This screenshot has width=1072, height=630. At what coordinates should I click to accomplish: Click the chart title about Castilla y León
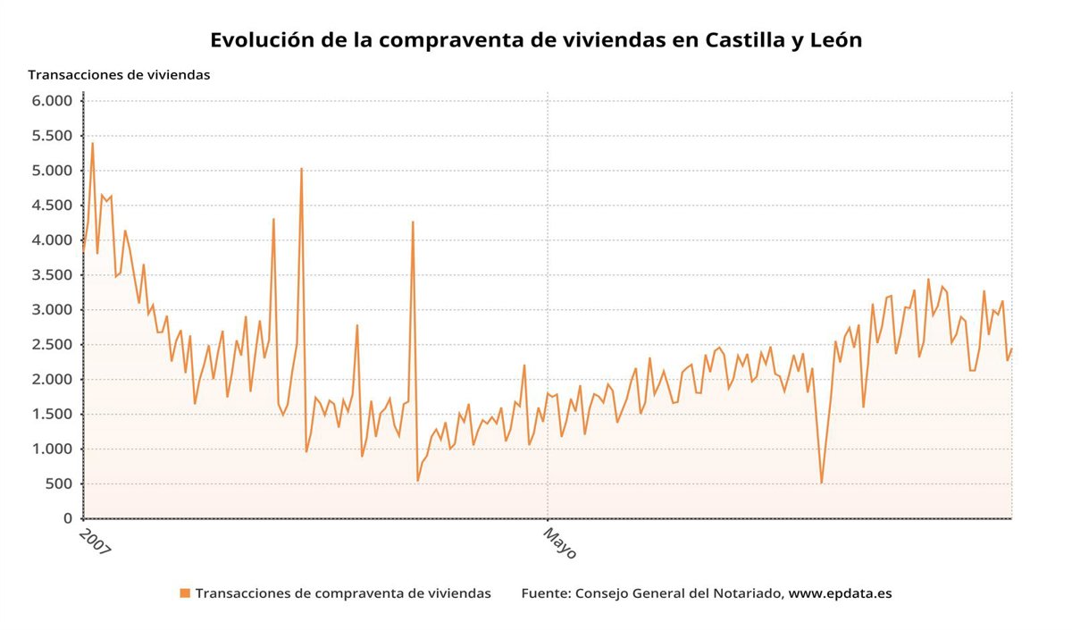click(536, 40)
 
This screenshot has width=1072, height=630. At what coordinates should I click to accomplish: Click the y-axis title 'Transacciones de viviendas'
click(119, 75)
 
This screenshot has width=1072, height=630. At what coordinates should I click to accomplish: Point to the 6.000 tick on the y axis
click(52, 101)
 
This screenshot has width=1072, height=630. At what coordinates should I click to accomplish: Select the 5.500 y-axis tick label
click(52, 136)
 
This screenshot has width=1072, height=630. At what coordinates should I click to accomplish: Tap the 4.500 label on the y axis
click(52, 206)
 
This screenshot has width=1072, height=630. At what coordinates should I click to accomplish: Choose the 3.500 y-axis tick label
click(52, 275)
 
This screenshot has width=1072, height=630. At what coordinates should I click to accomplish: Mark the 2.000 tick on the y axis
click(52, 380)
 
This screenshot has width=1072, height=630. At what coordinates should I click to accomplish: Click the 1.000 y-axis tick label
click(52, 449)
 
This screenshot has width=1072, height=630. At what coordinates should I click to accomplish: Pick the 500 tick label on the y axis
click(60, 484)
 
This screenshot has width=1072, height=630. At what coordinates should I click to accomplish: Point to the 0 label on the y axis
click(68, 519)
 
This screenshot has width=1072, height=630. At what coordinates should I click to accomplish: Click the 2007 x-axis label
click(95, 542)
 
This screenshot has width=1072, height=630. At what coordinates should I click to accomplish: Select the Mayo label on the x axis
click(560, 542)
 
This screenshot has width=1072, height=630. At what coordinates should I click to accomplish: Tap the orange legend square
click(185, 593)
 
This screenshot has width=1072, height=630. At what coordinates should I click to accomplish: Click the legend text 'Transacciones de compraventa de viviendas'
click(343, 593)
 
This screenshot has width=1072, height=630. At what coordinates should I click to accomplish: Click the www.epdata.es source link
click(840, 593)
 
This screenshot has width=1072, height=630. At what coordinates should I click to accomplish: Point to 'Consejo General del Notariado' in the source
click(679, 593)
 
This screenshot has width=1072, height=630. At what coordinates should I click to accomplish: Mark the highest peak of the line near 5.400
click(92, 143)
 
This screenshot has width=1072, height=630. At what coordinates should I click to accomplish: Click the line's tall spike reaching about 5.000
click(302, 168)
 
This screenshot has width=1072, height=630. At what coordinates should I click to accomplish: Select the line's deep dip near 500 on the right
click(821, 483)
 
